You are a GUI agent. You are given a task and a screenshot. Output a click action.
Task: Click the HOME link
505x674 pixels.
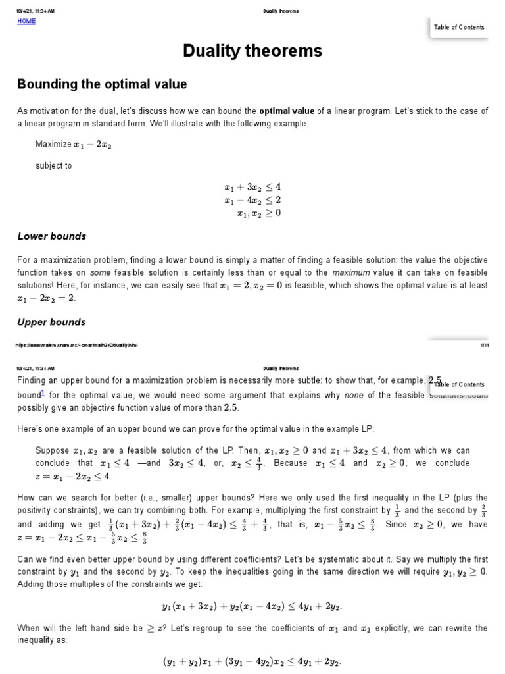tap(26, 21)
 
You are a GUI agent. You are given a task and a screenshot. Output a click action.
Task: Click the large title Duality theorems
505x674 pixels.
tap(252, 51)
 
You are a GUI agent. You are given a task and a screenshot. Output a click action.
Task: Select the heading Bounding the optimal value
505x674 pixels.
tap(101, 84)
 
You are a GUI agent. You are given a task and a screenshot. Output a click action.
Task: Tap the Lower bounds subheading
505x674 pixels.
tap(51, 236)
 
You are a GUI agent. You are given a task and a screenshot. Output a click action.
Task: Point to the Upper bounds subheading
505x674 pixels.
tap(51, 322)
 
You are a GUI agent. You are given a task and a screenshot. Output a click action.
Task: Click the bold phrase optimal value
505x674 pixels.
tap(287, 111)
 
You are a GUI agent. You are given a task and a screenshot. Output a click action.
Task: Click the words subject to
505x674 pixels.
tap(53, 166)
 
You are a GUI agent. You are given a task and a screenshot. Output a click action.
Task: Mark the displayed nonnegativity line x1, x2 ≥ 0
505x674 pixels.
tap(257, 212)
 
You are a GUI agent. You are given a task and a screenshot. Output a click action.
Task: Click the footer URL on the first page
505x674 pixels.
tap(77, 344)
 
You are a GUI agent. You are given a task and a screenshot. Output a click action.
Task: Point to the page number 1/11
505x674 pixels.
tap(484, 344)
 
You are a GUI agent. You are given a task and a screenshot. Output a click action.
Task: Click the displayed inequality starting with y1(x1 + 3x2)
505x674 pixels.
tap(252, 606)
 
